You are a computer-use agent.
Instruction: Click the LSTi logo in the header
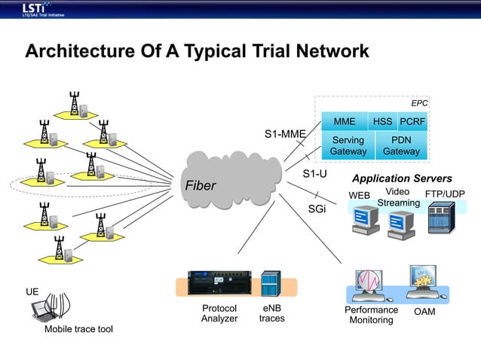(38, 9)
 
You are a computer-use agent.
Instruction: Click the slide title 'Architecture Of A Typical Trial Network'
(197, 51)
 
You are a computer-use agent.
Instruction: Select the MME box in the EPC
(344, 121)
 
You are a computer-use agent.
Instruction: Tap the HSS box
(382, 121)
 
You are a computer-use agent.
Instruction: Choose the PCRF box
(412, 121)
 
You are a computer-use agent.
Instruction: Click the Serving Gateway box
(348, 146)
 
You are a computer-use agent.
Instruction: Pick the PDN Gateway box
(401, 146)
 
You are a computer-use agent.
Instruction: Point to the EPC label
(418, 102)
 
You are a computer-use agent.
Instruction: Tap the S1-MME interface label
(284, 134)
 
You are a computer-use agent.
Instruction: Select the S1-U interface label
(314, 174)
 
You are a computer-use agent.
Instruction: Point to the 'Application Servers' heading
(402, 178)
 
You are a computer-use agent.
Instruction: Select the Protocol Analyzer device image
(216, 283)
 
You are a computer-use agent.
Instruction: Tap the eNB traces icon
(271, 284)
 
